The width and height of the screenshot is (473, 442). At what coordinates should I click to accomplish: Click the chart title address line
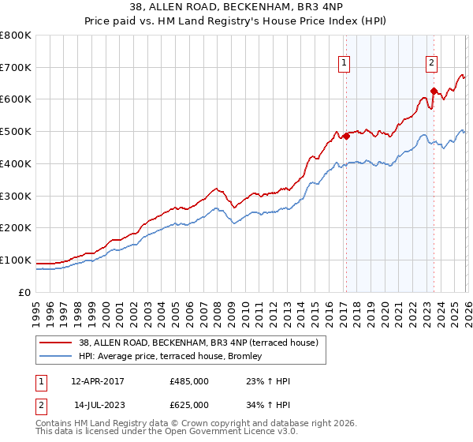tap(236, 8)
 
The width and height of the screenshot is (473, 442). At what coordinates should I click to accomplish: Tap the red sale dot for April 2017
tap(345, 137)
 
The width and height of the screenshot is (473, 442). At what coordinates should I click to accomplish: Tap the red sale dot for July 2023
tap(433, 92)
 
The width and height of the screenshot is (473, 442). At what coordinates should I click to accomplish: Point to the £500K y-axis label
tap(15, 131)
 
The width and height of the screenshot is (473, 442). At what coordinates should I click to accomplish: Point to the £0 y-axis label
tap(25, 292)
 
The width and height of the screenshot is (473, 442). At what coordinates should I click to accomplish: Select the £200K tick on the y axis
tap(15, 227)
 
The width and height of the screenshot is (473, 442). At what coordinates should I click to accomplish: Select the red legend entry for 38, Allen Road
tap(198, 343)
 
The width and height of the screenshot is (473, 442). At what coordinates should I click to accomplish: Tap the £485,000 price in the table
tap(188, 381)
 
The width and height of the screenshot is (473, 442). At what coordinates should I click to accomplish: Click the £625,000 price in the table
tap(188, 405)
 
